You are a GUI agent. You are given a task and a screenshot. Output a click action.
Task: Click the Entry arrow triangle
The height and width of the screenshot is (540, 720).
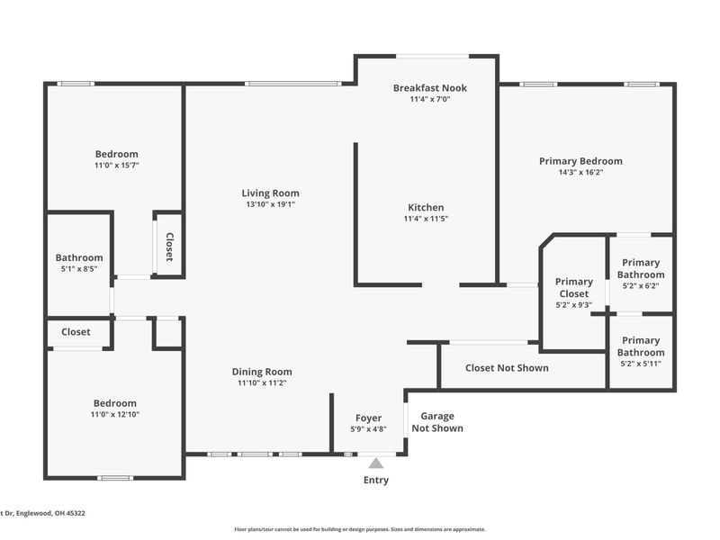pyautogui.click(x=376, y=463)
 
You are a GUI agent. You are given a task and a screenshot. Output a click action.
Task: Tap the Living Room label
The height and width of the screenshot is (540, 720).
pyautogui.click(x=271, y=193)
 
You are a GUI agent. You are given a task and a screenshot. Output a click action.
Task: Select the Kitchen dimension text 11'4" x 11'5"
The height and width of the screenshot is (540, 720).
pyautogui.click(x=426, y=219)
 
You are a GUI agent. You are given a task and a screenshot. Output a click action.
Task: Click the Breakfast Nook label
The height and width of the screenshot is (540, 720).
pyautogui.click(x=430, y=87)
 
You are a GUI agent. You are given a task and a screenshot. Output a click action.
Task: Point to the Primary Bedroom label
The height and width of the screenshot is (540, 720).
pyautogui.click(x=580, y=161)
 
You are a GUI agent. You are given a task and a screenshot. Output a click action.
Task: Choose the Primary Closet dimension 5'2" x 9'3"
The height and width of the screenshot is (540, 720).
pyautogui.click(x=574, y=304)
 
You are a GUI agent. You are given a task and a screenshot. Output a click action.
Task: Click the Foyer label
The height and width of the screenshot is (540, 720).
pyautogui.click(x=368, y=418)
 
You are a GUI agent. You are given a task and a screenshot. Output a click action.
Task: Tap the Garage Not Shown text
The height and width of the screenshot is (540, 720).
pyautogui.click(x=437, y=422)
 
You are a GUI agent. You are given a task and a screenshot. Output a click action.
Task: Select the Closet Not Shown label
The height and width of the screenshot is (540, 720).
pyautogui.click(x=507, y=368)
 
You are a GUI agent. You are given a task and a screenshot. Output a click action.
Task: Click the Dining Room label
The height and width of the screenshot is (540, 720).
pyautogui.click(x=262, y=372)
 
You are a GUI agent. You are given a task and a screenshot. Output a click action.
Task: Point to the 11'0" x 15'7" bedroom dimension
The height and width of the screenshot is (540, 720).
pyautogui.click(x=117, y=166)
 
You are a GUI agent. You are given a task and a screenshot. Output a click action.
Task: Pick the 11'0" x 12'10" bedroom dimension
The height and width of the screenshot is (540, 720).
pyautogui.click(x=115, y=414)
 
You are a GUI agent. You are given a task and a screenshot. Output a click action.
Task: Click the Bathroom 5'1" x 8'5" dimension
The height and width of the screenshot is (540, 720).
pyautogui.click(x=79, y=269)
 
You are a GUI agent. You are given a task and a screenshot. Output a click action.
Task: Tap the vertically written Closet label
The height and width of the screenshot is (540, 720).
pyautogui.click(x=169, y=247)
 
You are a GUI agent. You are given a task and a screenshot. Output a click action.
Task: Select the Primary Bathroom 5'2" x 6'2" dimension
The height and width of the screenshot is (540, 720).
pyautogui.click(x=641, y=285)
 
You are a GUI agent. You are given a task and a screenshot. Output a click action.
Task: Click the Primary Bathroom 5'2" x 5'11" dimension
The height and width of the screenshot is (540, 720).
pyautogui.click(x=641, y=364)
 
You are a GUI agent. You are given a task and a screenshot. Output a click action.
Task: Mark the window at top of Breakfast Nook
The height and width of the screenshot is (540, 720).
pyautogui.click(x=433, y=57)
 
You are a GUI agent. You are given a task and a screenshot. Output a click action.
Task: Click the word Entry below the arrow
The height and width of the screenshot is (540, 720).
pyautogui.click(x=376, y=481)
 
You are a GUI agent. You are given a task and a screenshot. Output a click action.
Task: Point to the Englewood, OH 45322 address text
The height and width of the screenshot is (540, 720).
pyautogui.click(x=50, y=513)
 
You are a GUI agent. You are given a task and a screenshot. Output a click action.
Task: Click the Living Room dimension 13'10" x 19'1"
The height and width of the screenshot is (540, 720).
pyautogui.click(x=271, y=205)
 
